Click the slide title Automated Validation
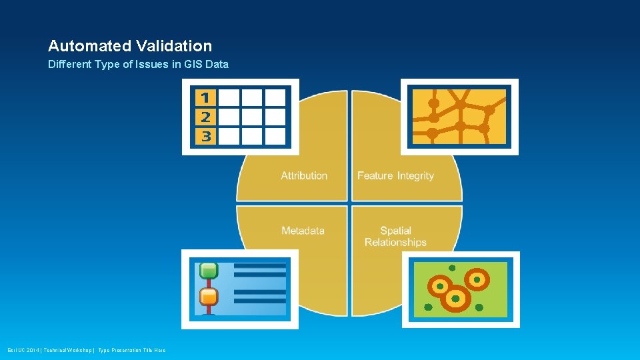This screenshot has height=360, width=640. (130, 46)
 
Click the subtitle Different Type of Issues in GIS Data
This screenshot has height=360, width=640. (138, 65)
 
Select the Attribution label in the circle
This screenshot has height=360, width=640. (304, 176)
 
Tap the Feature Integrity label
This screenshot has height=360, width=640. (395, 176)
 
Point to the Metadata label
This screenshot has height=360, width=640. (303, 231)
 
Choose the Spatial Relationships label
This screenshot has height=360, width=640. (395, 237)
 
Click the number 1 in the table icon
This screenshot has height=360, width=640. (205, 98)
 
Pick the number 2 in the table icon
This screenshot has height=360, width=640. (205, 117)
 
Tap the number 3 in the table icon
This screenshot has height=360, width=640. (205, 137)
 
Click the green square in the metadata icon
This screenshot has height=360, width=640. (209, 271)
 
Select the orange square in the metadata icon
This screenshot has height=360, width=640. (209, 296)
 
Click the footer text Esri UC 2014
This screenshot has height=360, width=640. (24, 351)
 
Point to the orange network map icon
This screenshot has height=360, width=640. (459, 117)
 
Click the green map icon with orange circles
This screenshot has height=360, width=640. (461, 289)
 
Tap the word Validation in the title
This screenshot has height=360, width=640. (174, 46)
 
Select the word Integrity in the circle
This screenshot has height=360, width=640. (415, 176)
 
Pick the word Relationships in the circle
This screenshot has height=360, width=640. (395, 243)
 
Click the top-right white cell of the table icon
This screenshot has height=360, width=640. (275, 98)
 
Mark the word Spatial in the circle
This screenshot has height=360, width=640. (395, 231)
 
